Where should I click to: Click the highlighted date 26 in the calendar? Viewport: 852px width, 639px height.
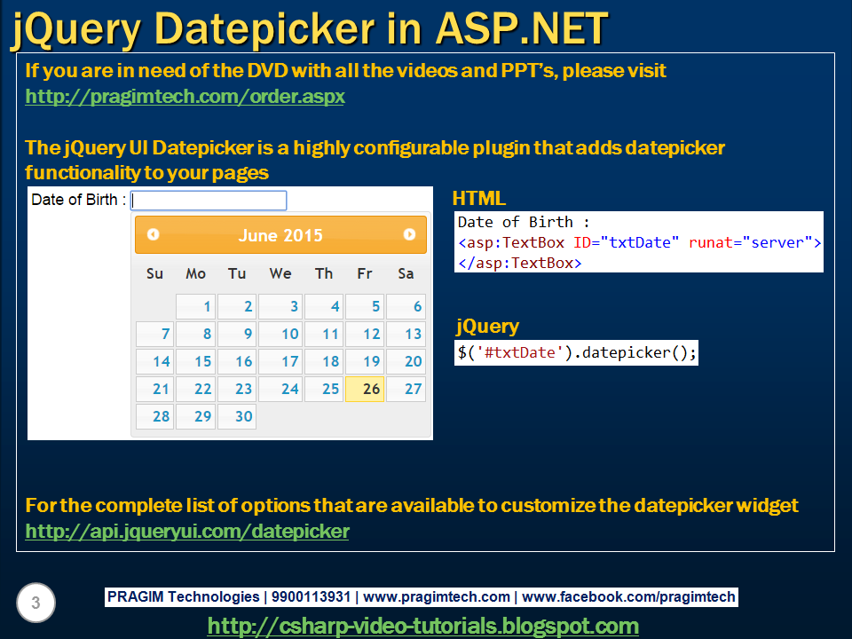(x=365, y=389)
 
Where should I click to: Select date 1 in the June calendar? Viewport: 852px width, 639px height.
(x=195, y=306)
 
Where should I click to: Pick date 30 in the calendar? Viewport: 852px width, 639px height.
(x=237, y=417)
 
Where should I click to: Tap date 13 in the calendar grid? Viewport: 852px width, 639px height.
(x=406, y=335)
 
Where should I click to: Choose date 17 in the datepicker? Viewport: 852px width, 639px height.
(x=280, y=362)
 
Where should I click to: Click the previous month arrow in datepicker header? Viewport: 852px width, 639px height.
(x=154, y=234)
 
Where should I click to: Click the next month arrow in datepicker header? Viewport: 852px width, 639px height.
(x=409, y=234)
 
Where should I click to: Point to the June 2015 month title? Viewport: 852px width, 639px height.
(x=280, y=235)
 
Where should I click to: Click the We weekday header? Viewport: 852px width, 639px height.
(x=280, y=273)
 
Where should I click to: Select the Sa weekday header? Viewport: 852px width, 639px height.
(x=406, y=273)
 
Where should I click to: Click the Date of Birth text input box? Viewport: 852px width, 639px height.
(x=209, y=201)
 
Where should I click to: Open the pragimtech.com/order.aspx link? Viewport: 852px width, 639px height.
(x=185, y=97)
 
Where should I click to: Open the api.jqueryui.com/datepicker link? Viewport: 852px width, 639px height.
(x=187, y=532)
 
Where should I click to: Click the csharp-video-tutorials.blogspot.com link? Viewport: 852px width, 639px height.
(x=423, y=626)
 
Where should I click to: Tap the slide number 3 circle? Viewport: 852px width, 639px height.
(x=35, y=603)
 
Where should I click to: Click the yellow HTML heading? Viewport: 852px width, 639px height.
(x=479, y=199)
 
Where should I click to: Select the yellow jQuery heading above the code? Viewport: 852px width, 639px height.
(x=487, y=326)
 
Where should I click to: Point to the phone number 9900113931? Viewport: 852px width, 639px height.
(x=311, y=596)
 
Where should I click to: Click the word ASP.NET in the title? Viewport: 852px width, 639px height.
(x=522, y=28)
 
